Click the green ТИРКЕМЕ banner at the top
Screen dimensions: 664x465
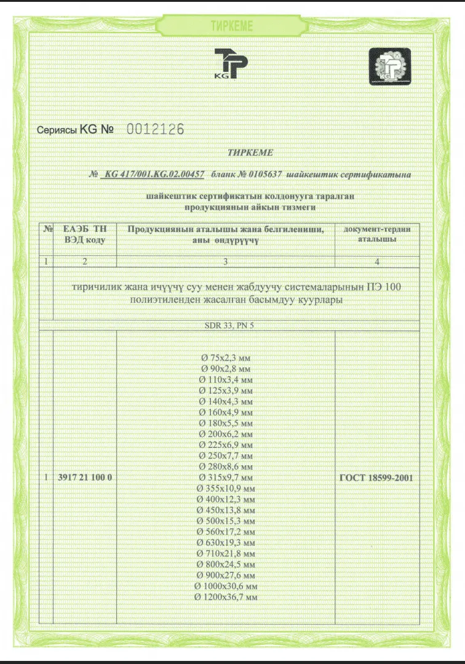pyautogui.click(x=232, y=25)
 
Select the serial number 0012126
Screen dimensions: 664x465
pyautogui.click(x=155, y=129)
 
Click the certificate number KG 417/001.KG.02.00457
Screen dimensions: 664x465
pyautogui.click(x=154, y=174)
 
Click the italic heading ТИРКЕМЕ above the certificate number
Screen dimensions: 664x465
pyautogui.click(x=250, y=152)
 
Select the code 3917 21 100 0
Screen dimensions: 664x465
pyautogui.click(x=85, y=477)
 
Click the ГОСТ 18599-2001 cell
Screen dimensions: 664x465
pyautogui.click(x=377, y=477)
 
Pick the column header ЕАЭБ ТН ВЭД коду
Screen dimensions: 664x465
pyautogui.click(x=85, y=234)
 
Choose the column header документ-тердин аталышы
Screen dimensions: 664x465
pyautogui.click(x=377, y=234)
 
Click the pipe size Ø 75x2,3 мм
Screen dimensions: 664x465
pyautogui.click(x=226, y=358)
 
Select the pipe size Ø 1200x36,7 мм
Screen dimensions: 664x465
pyautogui.click(x=226, y=598)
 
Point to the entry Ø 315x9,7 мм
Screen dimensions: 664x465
pyautogui.click(x=226, y=478)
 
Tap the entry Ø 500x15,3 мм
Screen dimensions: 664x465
pyautogui.click(x=226, y=521)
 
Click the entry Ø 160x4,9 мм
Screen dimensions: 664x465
pyautogui.click(x=226, y=412)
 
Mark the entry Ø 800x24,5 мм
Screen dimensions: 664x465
pyautogui.click(x=226, y=565)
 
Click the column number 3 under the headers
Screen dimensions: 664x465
pyautogui.click(x=225, y=262)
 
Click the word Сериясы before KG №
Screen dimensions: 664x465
pyautogui.click(x=57, y=130)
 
